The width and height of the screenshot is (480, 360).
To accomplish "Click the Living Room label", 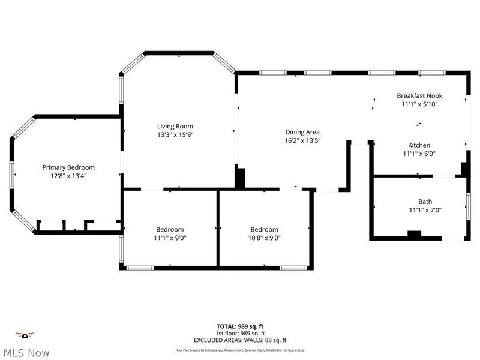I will coord(175,126).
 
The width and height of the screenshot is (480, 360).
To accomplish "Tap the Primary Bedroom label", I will coord(68,167).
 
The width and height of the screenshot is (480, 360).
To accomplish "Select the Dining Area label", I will coord(302,132).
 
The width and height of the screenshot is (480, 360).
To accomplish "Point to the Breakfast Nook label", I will coord(419,95).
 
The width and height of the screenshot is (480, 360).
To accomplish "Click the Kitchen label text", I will coord(419,145).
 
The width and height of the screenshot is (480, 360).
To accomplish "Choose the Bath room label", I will coord(425,202).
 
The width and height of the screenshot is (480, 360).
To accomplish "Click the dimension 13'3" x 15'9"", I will coord(175,135).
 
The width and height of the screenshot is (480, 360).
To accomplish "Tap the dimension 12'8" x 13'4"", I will coord(68,176).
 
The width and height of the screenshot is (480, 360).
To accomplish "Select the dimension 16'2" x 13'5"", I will coord(302,141).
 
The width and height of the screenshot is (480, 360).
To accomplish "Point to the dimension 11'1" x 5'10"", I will coord(419,104).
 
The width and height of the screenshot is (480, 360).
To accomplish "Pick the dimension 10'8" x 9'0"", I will coord(264,238).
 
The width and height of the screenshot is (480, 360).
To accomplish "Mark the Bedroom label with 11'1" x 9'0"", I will coord(170,229).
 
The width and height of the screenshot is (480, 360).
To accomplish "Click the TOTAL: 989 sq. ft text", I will coord(240,326).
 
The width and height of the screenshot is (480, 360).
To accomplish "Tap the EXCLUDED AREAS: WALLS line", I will coord(240,340).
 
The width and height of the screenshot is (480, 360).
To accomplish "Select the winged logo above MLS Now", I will coord(25,335).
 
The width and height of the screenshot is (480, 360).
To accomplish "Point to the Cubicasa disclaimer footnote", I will coord(240,350).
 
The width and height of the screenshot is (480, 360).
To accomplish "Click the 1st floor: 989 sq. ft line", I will coord(240,333).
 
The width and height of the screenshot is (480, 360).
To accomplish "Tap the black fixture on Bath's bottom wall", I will coord(415,235).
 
